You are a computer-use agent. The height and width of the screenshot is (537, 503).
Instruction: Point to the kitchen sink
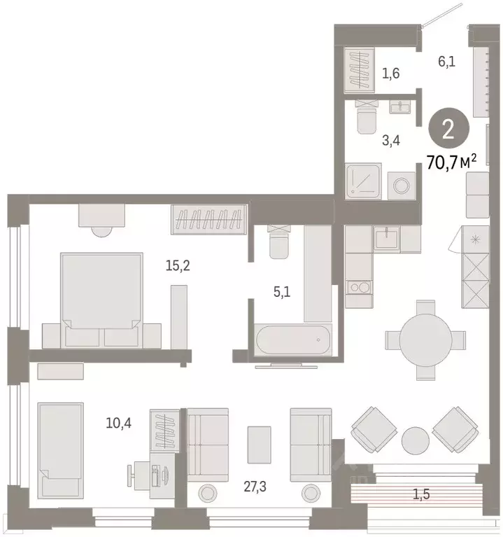point(386,239)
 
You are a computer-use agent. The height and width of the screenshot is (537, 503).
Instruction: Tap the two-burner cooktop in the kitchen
point(359,287)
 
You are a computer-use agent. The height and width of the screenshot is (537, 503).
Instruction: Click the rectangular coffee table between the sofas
point(259,443)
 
